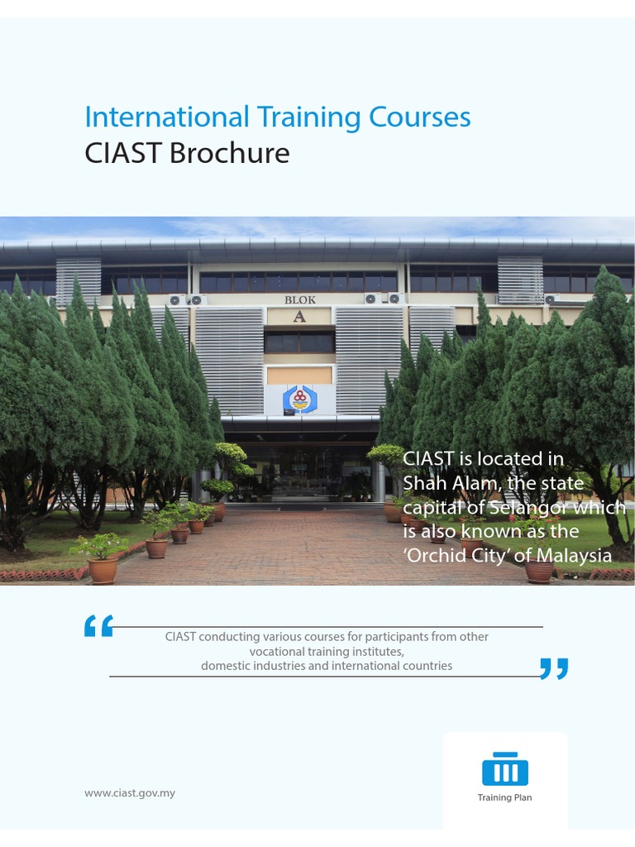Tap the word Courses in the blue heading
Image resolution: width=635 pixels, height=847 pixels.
point(419,117)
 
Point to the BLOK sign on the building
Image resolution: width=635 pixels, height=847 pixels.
point(300,300)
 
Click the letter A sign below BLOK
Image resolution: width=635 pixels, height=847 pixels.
point(299,316)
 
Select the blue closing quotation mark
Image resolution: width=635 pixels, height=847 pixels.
point(553,668)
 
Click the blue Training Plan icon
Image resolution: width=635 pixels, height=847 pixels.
point(504,769)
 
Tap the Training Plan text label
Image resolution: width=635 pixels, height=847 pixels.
point(504,798)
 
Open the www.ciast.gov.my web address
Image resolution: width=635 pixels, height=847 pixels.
point(130,793)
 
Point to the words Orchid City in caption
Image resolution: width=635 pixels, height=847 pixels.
point(460,556)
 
